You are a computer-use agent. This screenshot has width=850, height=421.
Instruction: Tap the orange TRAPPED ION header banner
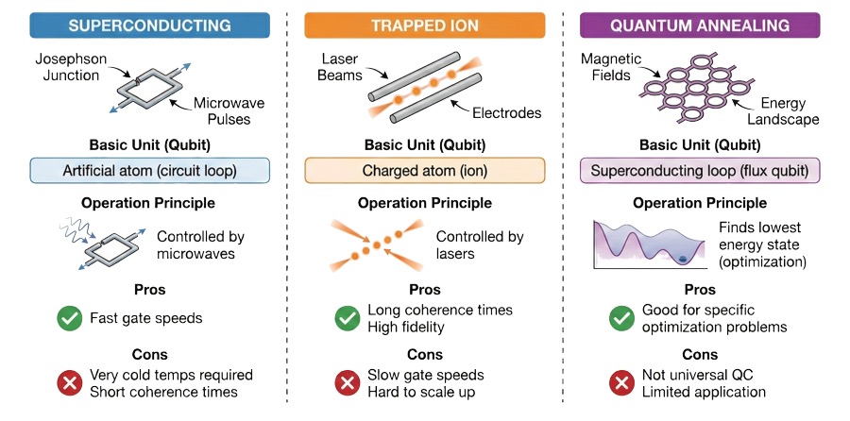tap(424, 24)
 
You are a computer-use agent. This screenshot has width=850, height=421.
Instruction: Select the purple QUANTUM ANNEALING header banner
tap(700, 24)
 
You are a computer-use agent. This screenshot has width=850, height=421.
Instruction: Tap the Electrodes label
tap(506, 113)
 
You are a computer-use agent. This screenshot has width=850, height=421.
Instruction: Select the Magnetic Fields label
tap(611, 67)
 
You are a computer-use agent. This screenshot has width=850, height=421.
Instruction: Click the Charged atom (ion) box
tap(424, 171)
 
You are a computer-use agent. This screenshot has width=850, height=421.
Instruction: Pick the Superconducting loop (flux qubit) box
tap(700, 171)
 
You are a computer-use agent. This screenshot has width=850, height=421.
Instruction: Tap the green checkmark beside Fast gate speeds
tap(69, 318)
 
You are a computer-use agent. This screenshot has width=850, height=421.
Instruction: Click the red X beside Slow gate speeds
tap(348, 383)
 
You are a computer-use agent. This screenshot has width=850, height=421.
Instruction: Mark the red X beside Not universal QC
tap(621, 383)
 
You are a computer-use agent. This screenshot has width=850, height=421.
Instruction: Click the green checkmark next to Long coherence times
tap(348, 318)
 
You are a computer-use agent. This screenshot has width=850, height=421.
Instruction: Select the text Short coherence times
tap(162, 392)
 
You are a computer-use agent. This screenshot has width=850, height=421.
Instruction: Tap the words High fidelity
tap(406, 327)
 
